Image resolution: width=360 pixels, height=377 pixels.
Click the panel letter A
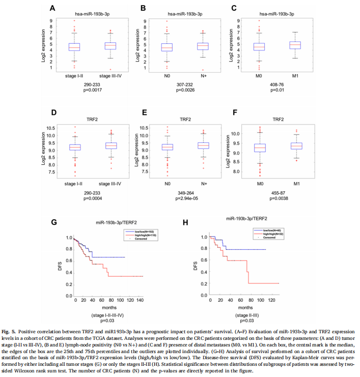pyautogui.click(x=52, y=8)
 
